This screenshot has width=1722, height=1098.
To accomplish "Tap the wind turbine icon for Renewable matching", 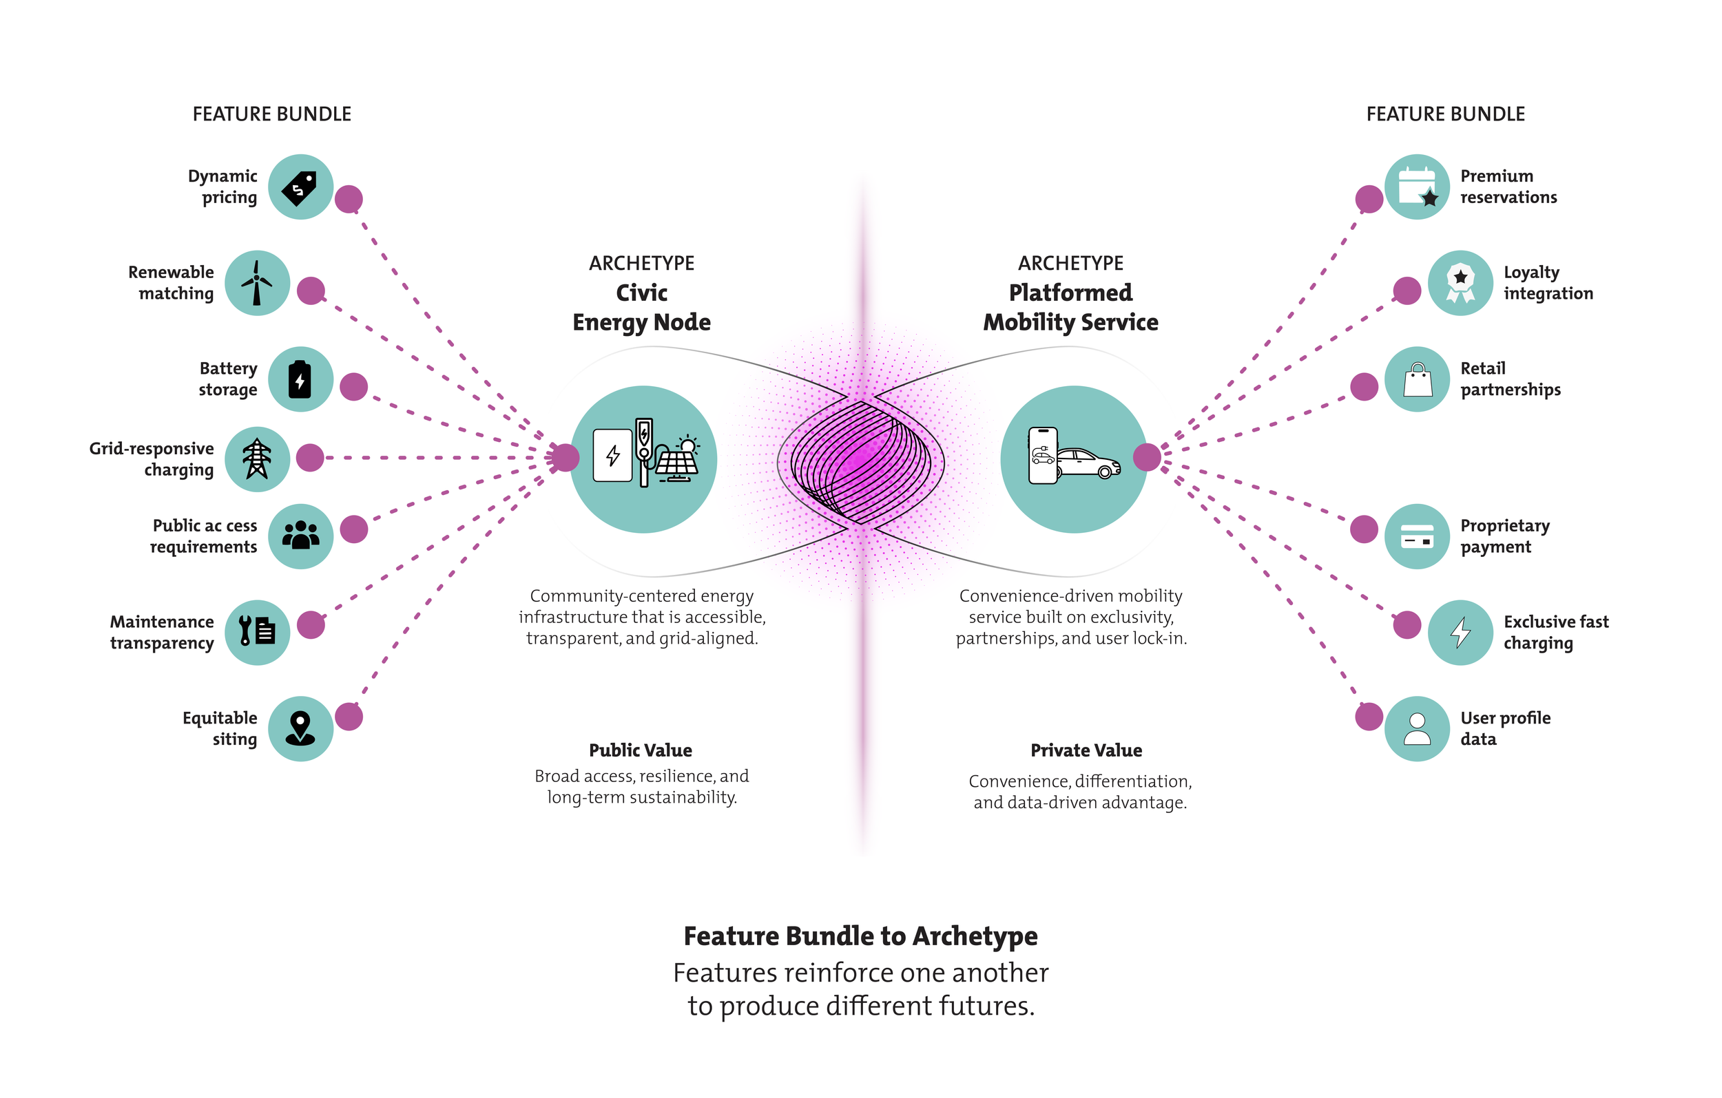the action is [258, 283].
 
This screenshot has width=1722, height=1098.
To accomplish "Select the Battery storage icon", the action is [300, 379].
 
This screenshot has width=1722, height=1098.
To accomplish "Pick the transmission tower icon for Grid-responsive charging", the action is [258, 459].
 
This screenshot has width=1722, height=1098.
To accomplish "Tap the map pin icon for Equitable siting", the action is [300, 728].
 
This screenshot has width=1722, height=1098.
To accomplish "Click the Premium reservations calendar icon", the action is [1417, 187].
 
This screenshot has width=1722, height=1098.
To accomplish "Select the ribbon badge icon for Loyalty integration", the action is [1460, 283].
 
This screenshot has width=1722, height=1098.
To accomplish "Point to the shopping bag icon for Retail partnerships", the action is [1417, 379].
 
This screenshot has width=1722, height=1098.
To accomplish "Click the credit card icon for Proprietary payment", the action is [1417, 536].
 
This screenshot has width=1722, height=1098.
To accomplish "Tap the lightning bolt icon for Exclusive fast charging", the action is [1460, 632].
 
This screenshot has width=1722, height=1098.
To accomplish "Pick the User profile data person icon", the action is [1417, 728].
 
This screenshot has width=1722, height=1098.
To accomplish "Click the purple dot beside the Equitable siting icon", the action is [349, 716].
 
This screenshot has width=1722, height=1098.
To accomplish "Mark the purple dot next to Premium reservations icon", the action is [1369, 199].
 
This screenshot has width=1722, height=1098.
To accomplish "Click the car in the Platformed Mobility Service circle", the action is [1088, 464].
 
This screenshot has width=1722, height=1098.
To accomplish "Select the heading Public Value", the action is [640, 750].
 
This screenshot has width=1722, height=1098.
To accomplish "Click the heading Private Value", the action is [1086, 750].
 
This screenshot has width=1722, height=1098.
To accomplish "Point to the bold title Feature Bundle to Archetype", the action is [860, 936].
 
